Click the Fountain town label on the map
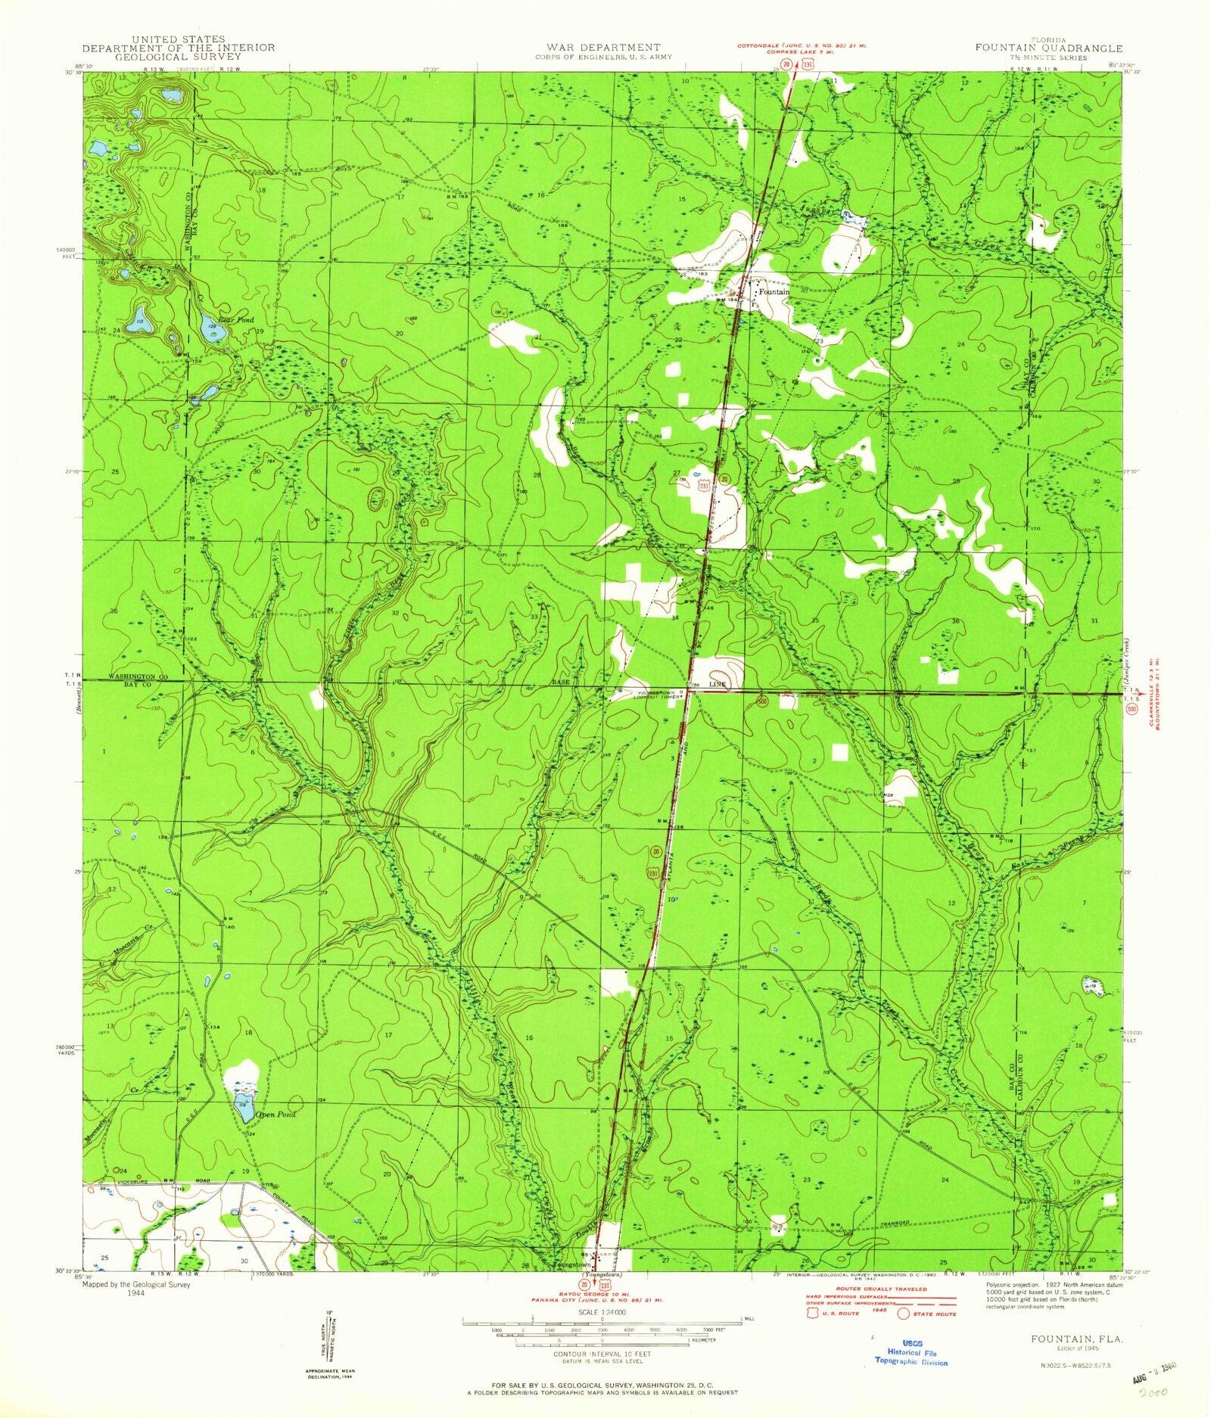pyautogui.click(x=774, y=291)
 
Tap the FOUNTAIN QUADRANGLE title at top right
pyautogui.click(x=1048, y=48)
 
